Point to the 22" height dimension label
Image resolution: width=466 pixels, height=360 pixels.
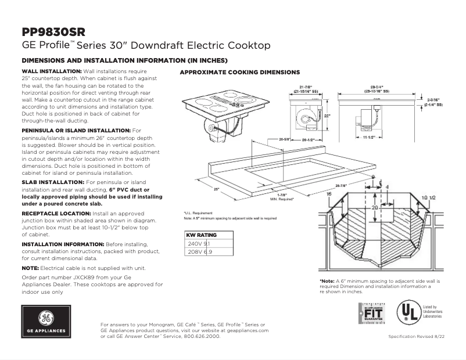point(327,115)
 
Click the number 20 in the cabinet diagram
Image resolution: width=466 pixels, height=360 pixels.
point(375,207)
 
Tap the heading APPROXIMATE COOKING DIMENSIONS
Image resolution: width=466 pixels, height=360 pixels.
point(239,73)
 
